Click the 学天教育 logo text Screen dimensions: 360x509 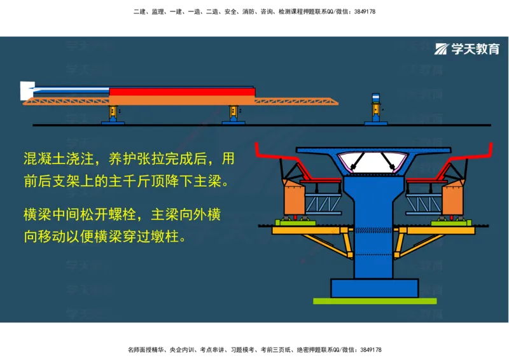(475, 50)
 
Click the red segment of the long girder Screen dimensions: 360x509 (182, 92)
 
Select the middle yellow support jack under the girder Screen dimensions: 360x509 (234, 113)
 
